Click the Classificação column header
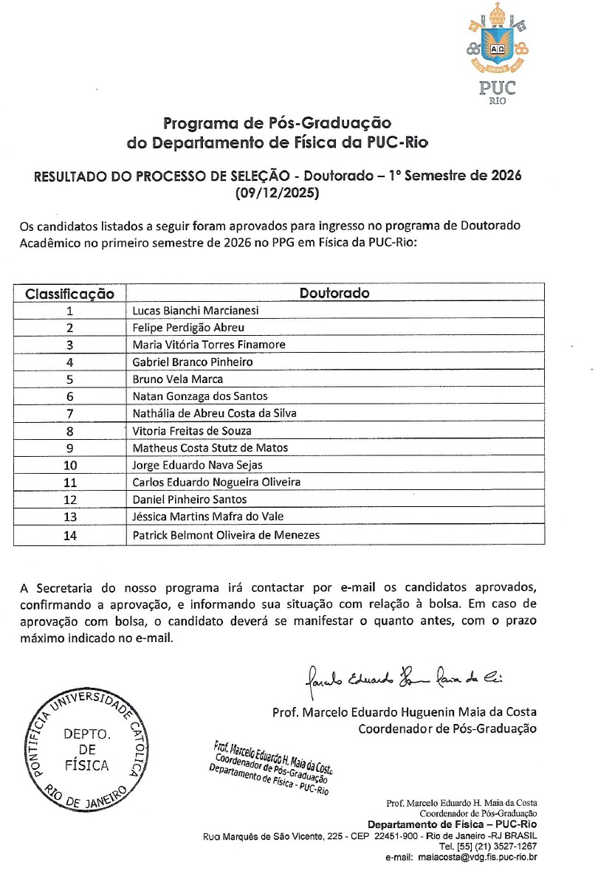70,294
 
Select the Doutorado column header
334,293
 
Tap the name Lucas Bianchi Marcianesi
196,311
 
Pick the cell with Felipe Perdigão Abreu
188,328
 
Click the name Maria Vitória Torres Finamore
209,345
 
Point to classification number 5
69,379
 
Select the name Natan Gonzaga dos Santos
200,396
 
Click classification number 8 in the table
69,431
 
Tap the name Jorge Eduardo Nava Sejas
197,465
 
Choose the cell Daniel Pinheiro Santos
190,500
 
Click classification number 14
70,535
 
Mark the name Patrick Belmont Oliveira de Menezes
227,534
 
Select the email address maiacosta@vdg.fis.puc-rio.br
478,857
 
